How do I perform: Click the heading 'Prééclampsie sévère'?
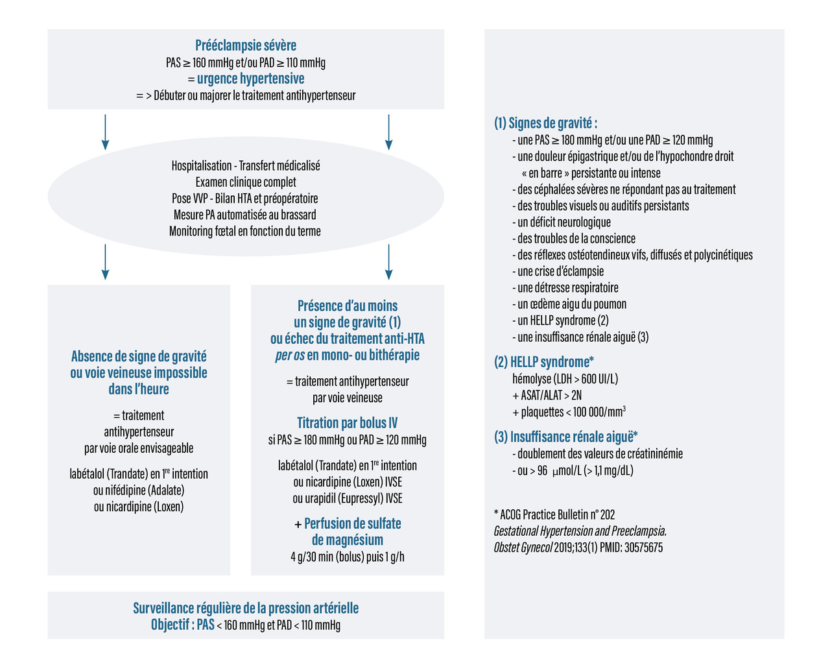pos(246,45)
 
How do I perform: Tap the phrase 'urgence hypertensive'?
pos(250,78)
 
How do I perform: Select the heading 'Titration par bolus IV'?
pos(347,423)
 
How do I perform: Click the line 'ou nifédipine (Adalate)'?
pos(139,490)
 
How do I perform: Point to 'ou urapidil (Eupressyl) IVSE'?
pos(347,498)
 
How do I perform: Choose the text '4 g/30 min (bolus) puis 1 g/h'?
pos(347,557)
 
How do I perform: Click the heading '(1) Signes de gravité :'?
pos(545,123)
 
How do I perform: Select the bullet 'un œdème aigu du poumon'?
pos(571,304)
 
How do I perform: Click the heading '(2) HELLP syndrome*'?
pos(544,362)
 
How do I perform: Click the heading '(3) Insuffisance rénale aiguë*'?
pos(565,437)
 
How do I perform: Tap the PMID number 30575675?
pos(643,547)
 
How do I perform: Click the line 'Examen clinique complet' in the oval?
pos(246,182)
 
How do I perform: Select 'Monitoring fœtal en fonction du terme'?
pos(245,231)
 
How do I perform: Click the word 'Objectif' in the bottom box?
pos(171,625)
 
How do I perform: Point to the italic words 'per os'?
pos(290,355)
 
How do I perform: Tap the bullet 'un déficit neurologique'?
pos(563,222)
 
